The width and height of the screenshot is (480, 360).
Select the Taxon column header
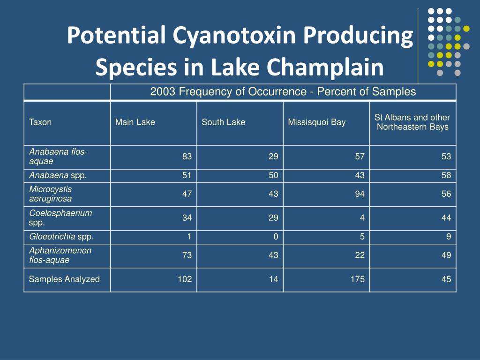(x=40, y=122)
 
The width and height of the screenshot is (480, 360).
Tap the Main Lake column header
(x=135, y=122)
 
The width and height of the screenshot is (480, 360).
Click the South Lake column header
(x=223, y=122)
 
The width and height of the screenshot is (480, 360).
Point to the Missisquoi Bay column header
(x=317, y=122)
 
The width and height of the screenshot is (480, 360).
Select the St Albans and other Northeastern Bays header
(x=412, y=122)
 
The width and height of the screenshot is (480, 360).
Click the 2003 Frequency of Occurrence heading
(x=283, y=92)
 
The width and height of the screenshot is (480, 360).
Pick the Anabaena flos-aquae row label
(x=59, y=157)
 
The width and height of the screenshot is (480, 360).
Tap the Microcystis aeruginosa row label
(x=51, y=194)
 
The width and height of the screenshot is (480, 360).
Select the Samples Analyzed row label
(x=64, y=279)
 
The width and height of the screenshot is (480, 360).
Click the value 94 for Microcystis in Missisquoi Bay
(x=360, y=194)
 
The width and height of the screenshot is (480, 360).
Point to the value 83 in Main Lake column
(x=187, y=157)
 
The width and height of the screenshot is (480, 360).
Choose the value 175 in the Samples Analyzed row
(x=357, y=279)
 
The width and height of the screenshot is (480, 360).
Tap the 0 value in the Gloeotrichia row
(x=276, y=237)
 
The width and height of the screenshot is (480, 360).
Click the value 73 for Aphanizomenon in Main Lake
(x=187, y=255)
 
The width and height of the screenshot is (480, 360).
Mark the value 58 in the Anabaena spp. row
(x=446, y=176)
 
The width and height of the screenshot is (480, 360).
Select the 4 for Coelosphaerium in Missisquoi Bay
(x=362, y=217)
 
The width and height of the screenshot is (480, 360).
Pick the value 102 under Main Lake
(x=184, y=279)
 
